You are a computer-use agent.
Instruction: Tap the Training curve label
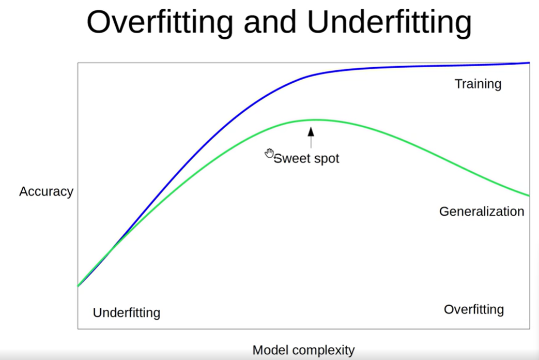(478, 84)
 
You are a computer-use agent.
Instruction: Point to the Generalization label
(481, 211)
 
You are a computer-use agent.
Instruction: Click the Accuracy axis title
(46, 191)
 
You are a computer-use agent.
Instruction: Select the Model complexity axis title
(303, 350)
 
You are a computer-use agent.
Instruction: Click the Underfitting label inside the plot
(127, 312)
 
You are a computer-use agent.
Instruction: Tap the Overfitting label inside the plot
(473, 309)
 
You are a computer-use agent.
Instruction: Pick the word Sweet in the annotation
(289, 158)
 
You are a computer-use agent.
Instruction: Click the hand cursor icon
(269, 153)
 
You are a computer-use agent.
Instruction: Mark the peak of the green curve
(311, 120)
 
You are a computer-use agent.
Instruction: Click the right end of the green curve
(529, 196)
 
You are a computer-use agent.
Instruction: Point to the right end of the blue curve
(529, 63)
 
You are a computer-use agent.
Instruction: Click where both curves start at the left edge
(79, 285)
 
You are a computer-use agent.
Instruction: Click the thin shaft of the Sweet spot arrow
(311, 142)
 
